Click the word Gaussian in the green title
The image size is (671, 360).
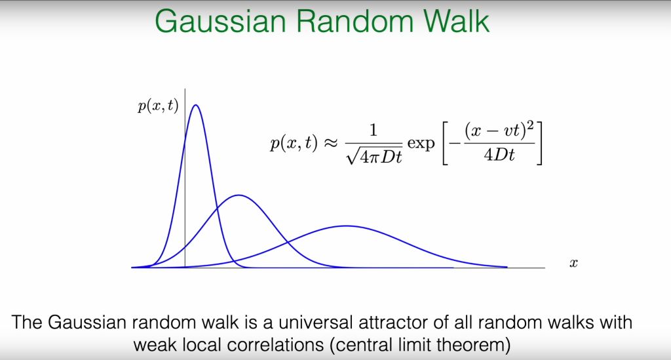click(220, 20)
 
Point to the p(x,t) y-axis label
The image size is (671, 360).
click(158, 106)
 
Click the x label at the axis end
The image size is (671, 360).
click(573, 263)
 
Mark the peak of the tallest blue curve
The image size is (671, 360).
click(195, 105)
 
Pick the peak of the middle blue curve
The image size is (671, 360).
click(239, 195)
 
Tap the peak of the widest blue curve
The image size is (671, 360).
click(347, 226)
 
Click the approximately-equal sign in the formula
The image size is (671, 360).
click(330, 144)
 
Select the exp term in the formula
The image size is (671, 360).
click(421, 144)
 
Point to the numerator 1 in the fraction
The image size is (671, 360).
click(374, 130)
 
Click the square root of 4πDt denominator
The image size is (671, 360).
click(374, 157)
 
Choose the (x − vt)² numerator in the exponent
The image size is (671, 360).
click(499, 130)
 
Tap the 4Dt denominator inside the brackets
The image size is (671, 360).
click(499, 155)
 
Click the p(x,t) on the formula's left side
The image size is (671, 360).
click(294, 144)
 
